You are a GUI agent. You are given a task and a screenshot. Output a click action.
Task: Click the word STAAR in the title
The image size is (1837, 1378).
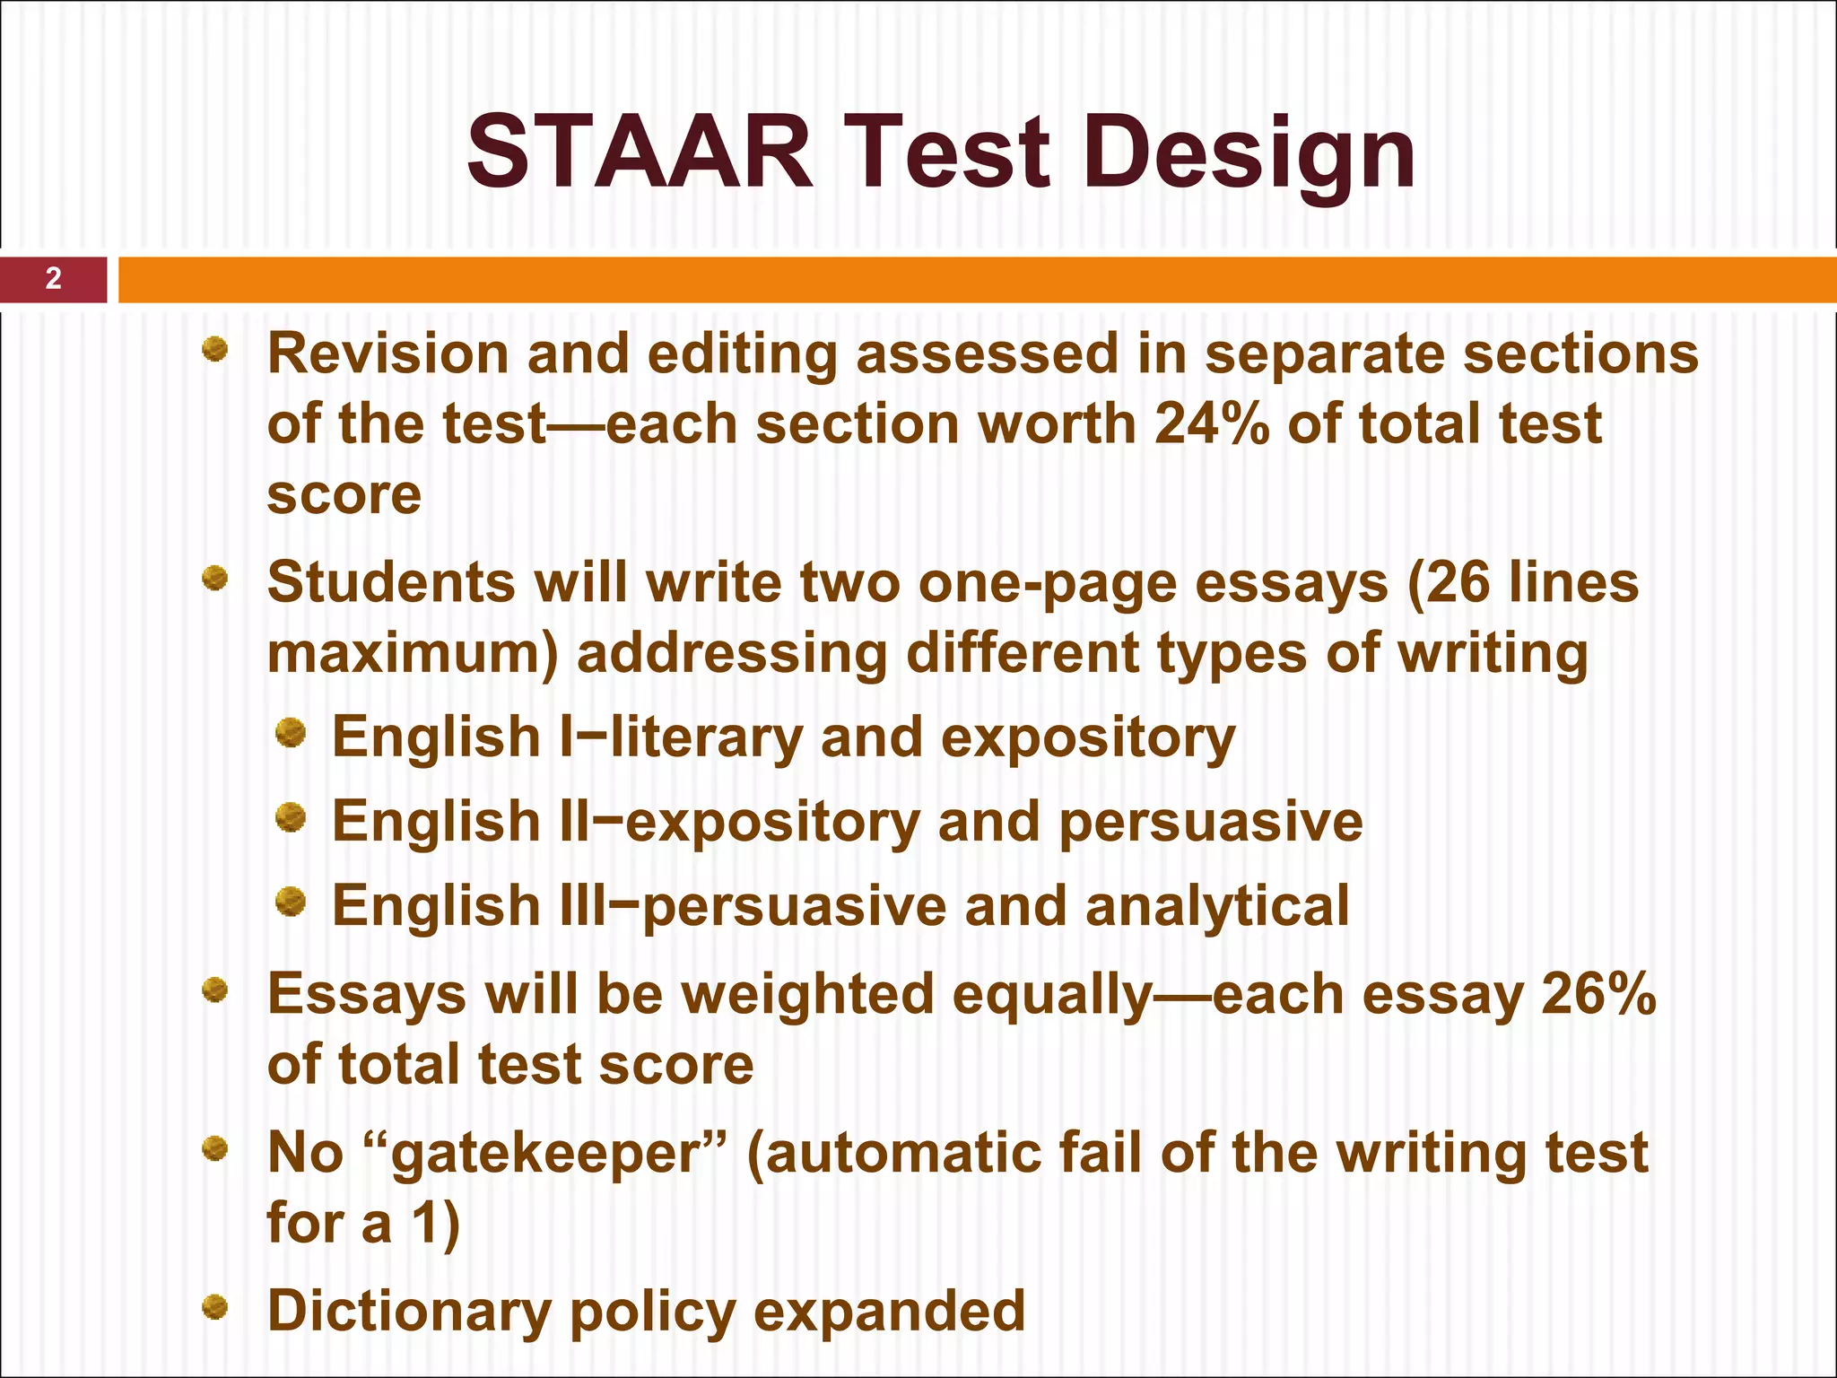click(640, 153)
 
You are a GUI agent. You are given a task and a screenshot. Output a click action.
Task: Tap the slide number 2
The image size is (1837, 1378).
click(54, 279)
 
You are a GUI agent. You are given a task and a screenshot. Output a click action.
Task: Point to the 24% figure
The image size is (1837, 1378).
click(1212, 423)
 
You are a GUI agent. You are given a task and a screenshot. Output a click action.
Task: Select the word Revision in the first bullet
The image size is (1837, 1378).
click(388, 353)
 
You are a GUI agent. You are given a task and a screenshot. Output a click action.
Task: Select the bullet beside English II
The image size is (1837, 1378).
click(291, 818)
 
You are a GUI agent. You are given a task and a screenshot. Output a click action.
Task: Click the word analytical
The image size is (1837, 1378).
click(1217, 906)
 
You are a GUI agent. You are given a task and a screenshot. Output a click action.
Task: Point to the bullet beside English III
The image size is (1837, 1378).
click(291, 902)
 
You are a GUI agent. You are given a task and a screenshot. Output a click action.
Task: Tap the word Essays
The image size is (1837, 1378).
click(367, 995)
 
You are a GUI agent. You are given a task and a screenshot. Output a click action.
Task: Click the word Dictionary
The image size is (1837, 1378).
click(409, 1313)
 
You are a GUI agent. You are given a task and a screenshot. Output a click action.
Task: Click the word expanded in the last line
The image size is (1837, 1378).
click(889, 1313)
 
